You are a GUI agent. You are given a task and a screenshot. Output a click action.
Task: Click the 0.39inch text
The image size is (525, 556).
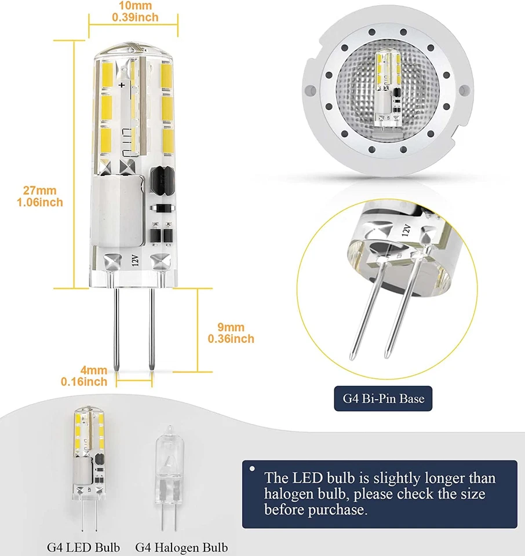click(x=134, y=17)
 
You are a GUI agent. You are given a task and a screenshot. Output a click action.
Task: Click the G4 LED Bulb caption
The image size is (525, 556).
click(x=83, y=547)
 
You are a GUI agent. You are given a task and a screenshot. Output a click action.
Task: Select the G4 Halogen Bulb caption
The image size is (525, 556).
click(x=181, y=547)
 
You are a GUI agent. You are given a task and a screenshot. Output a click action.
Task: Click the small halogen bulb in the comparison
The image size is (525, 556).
click(x=166, y=480)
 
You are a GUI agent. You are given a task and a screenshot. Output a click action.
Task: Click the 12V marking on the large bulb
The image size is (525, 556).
click(x=134, y=261)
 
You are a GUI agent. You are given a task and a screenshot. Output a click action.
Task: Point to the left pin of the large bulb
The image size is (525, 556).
click(x=117, y=330)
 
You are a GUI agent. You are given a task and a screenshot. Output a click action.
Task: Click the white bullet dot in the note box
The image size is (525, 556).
click(x=252, y=468)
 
